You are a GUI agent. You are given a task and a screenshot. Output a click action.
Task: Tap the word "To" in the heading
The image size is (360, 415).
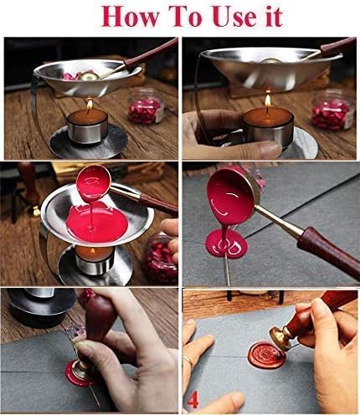(x=175, y=16)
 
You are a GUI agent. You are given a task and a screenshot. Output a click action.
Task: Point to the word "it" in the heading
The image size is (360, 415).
(x=266, y=16)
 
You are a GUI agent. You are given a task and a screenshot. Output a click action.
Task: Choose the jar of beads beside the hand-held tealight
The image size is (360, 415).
(x=329, y=108)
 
